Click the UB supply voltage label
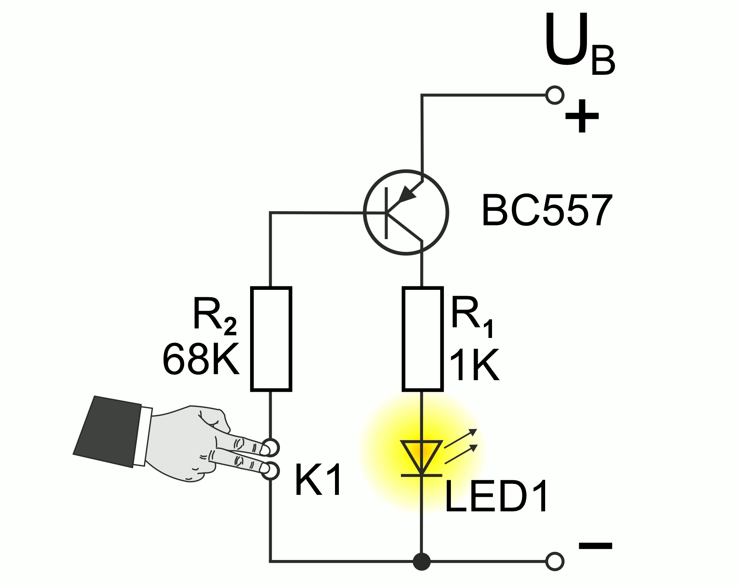click(578, 45)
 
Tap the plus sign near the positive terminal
click(581, 116)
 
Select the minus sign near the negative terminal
click(595, 546)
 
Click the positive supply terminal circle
click(554, 95)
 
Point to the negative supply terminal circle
click(554, 561)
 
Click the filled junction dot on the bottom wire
click(421, 561)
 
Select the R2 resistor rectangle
click(271, 339)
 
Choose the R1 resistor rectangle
click(422, 339)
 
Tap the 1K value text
click(474, 365)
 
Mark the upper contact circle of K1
click(271, 448)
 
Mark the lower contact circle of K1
click(271, 470)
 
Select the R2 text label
click(214, 316)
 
